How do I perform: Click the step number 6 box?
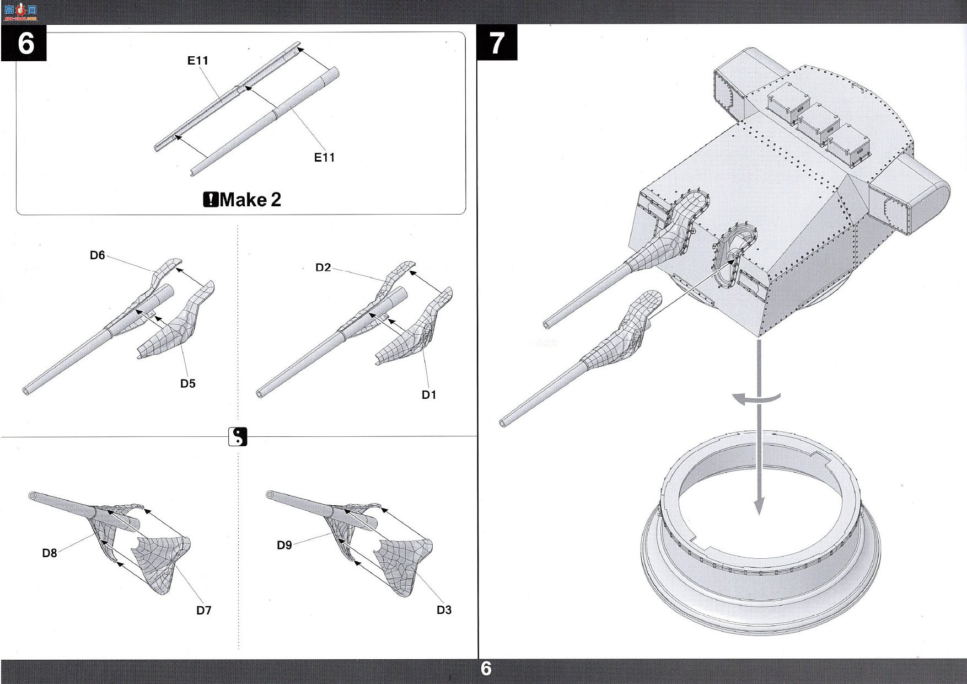point(24,42)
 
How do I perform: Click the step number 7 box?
point(497,42)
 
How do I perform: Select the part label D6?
point(98,255)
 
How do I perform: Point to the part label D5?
point(188,383)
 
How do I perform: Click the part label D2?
point(323,268)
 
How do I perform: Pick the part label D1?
point(429,394)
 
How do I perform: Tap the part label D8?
point(50,553)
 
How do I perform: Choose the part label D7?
point(204,610)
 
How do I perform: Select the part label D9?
point(284,545)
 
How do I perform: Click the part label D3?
point(444,610)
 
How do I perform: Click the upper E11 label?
point(198,61)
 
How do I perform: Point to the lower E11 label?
point(325,157)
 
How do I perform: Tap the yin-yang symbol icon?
point(238,437)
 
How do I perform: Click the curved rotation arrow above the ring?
point(756,398)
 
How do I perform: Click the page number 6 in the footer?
point(486,669)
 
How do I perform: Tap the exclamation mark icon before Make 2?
point(211,199)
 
